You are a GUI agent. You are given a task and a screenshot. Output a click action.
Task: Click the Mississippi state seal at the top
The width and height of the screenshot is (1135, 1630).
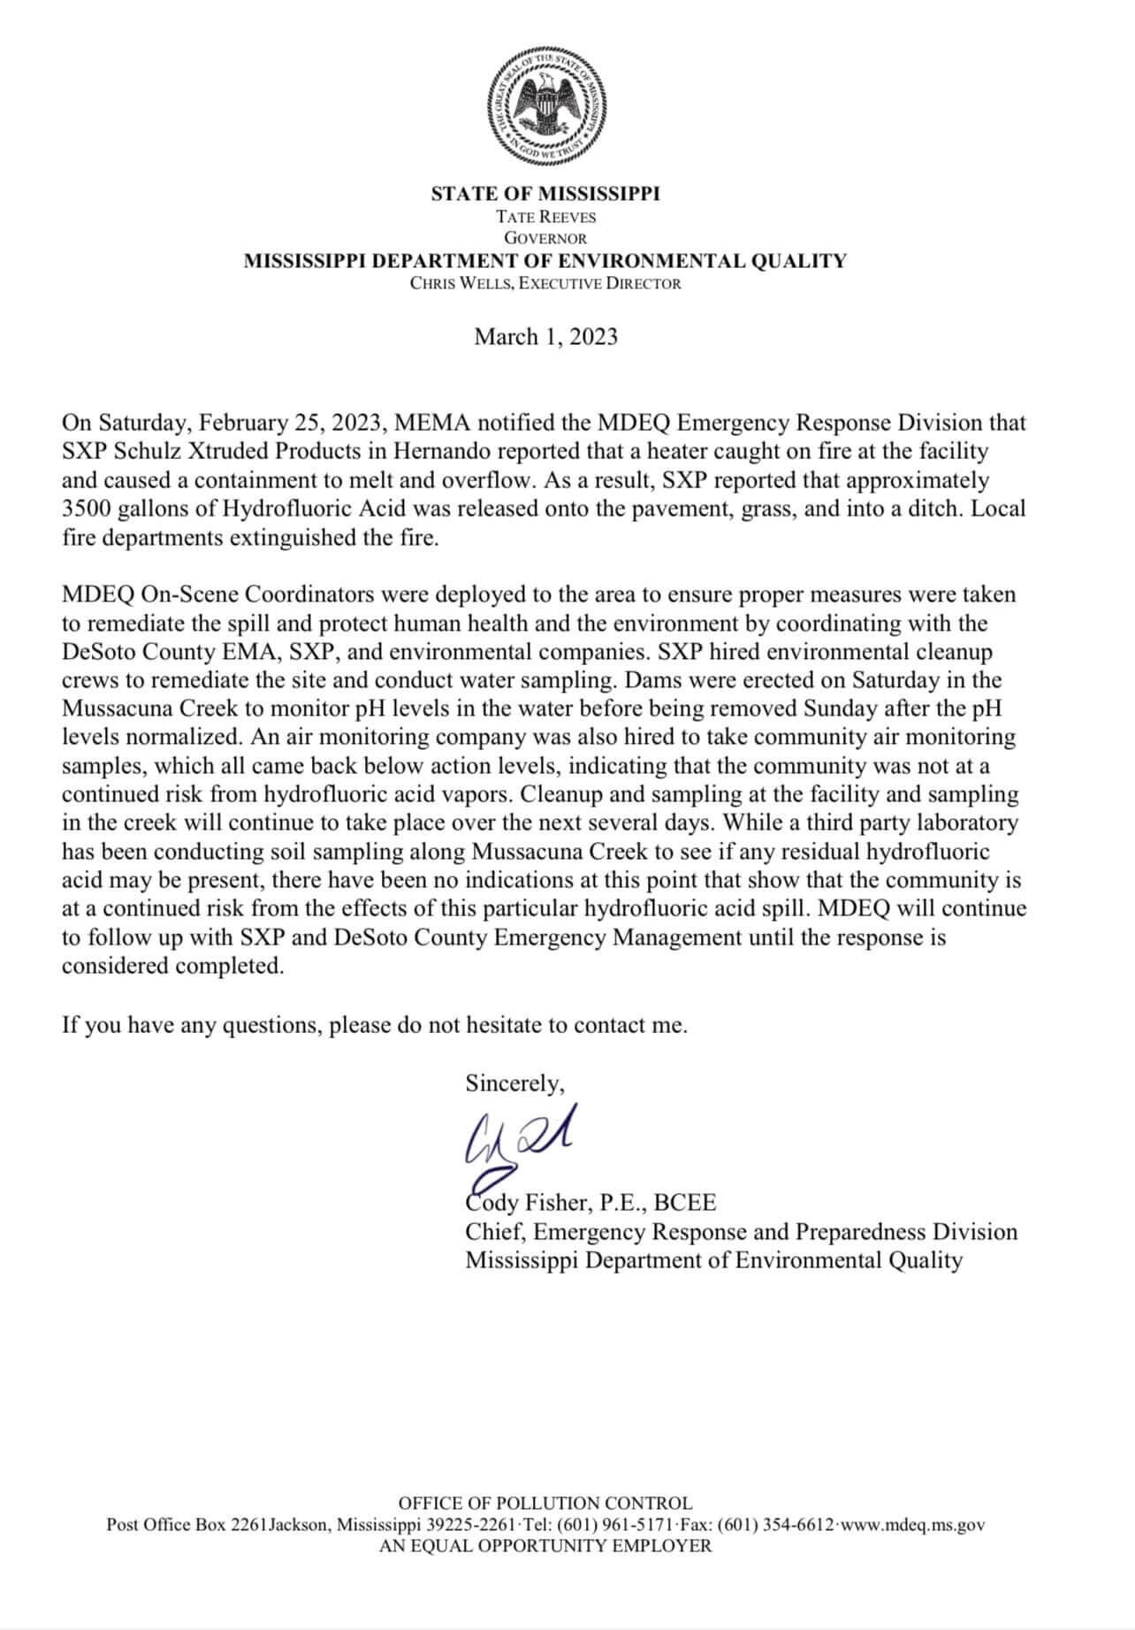coord(545,104)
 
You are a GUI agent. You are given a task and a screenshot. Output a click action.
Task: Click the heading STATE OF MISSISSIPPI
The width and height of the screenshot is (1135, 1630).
coord(545,194)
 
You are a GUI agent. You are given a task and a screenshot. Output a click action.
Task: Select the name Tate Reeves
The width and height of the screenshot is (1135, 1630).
coord(545,217)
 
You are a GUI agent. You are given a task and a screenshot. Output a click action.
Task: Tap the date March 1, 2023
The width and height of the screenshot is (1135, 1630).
coord(545,337)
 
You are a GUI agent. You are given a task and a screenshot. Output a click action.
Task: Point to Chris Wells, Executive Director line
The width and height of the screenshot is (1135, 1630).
coord(545,284)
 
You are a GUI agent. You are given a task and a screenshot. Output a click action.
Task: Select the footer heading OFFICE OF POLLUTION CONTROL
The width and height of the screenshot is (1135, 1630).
coord(545,1504)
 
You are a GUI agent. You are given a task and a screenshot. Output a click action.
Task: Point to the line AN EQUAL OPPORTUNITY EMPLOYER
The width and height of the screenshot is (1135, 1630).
coord(545,1546)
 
